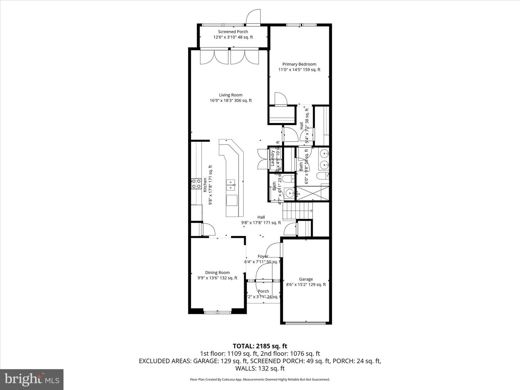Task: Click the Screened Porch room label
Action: click(233, 32)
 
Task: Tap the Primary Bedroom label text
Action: click(299, 64)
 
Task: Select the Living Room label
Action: click(230, 95)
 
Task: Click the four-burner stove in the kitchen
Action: click(196, 184)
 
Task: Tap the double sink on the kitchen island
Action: click(230, 185)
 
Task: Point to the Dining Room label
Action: click(217, 273)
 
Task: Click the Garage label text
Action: click(306, 279)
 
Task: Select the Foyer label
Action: click(263, 256)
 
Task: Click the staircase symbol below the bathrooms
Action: click(297, 211)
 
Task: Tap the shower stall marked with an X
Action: click(312, 193)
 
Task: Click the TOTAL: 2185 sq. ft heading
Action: click(260, 346)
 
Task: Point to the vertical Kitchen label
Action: click(205, 185)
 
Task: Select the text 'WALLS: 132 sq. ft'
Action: click(260, 368)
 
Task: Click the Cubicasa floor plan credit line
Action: click(260, 380)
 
